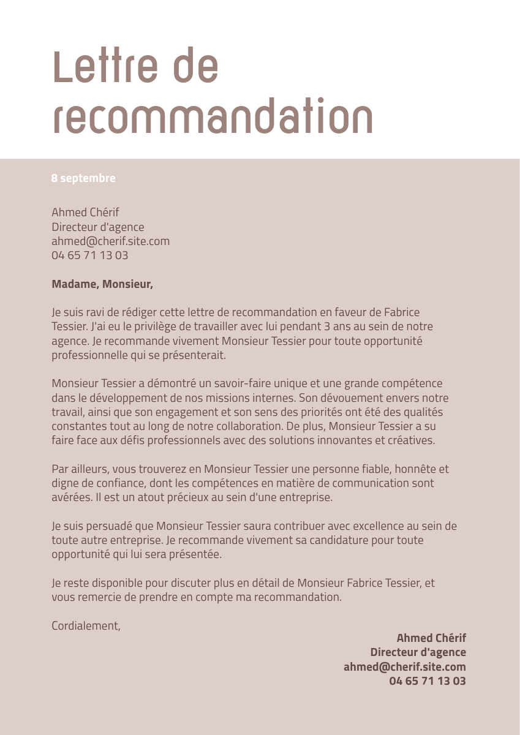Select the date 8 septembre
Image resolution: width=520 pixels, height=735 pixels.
tap(83, 178)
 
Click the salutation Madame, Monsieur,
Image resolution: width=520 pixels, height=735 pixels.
tap(102, 284)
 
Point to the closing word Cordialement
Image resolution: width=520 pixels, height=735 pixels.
tap(86, 625)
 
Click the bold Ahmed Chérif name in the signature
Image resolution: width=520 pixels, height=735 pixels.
tap(431, 638)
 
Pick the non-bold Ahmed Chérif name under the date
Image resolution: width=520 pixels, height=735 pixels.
tap(85, 213)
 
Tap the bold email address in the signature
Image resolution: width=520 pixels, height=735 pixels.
tap(405, 666)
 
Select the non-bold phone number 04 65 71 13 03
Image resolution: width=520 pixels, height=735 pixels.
tap(90, 255)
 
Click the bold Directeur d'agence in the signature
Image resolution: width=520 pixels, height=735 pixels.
tap(418, 652)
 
